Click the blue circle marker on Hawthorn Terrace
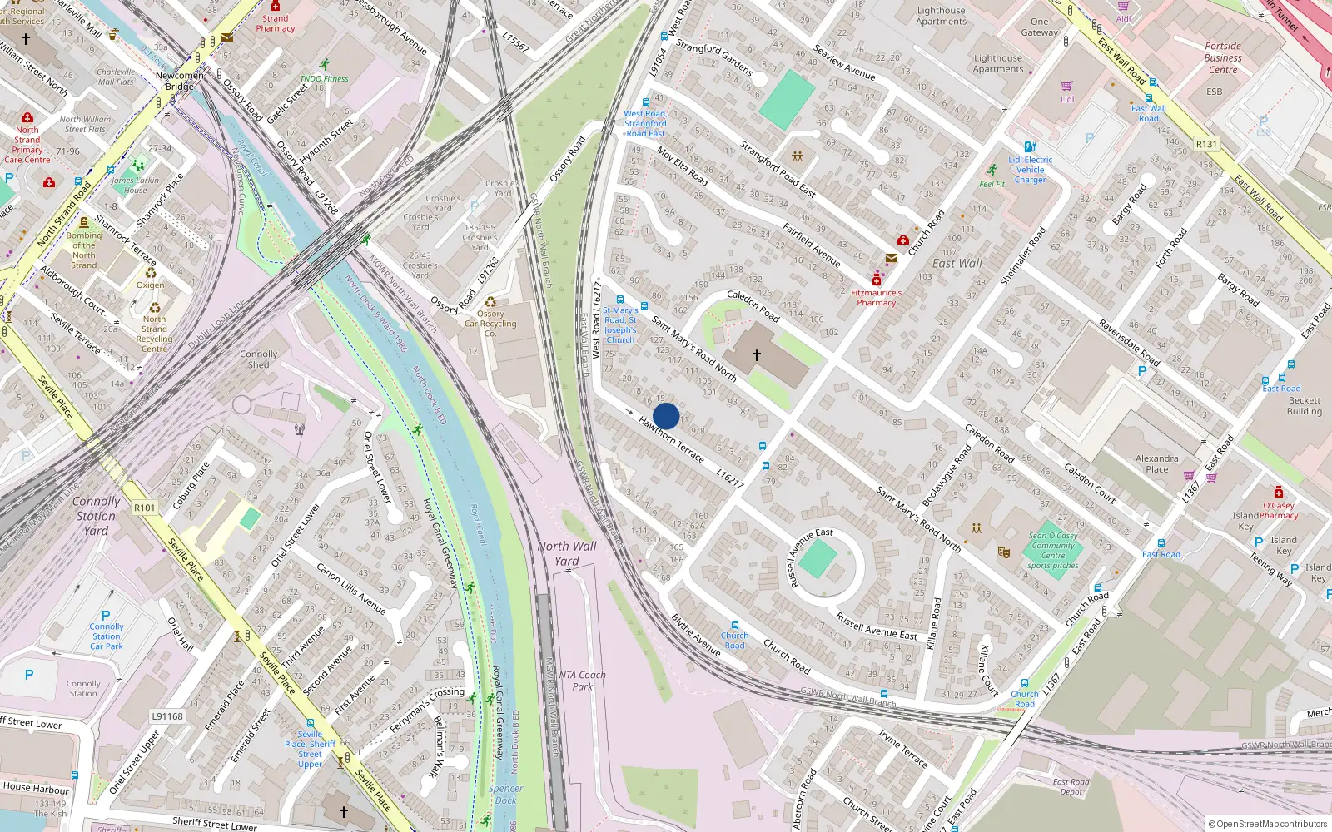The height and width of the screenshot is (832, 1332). point(666,416)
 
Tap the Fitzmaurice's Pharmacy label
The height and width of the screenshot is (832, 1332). point(876,298)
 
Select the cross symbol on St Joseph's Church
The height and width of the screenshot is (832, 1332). point(756,355)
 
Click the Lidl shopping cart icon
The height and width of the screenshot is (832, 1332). point(1067,86)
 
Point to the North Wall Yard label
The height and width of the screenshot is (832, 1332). point(567,553)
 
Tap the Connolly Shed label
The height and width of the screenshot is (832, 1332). point(259,359)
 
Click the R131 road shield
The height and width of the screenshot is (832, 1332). point(1206,144)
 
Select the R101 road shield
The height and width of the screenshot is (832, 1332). point(144,508)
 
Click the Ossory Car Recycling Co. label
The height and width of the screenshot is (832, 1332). point(490,324)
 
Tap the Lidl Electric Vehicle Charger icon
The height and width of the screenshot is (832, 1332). point(1030,146)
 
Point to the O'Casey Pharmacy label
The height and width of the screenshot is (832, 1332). point(1279,510)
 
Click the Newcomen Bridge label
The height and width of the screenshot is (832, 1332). point(179,81)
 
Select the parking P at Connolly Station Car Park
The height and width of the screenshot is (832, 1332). point(106,616)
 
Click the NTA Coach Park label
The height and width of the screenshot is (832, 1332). point(583,681)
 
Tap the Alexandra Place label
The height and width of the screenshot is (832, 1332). point(1156,463)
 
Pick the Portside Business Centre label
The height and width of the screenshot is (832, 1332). point(1222,58)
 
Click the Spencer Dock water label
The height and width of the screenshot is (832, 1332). point(505,794)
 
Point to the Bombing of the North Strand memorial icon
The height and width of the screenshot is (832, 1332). point(83,222)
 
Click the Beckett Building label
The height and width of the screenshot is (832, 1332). point(1304,405)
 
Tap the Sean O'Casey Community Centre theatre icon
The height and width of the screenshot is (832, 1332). point(1005,551)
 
